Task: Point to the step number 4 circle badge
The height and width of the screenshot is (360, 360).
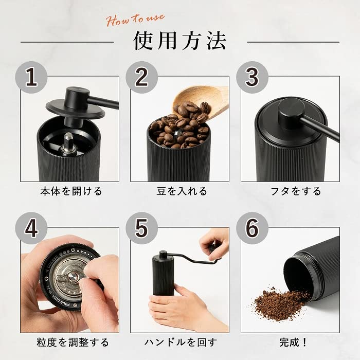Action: point(32,228)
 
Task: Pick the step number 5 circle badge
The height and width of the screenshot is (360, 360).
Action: point(142,228)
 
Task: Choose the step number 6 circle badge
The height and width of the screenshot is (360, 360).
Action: point(252,228)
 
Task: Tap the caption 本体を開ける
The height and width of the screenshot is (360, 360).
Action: point(71,191)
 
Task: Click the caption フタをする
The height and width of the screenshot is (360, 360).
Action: point(296,191)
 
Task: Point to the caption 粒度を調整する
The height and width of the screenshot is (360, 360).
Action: point(71,342)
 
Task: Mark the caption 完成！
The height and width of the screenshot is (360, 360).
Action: point(296,342)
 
